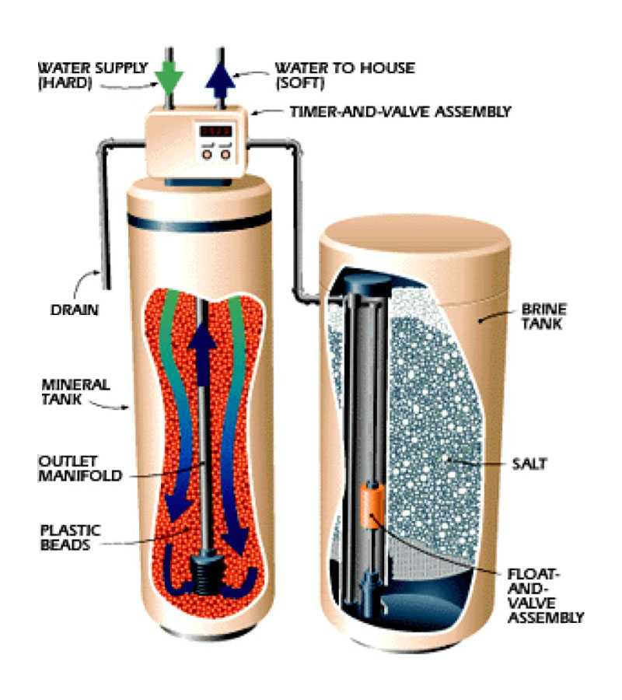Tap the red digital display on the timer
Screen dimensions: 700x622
[x=214, y=131]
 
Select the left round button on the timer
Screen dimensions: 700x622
[x=208, y=154]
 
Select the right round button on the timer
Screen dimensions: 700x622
[x=225, y=154]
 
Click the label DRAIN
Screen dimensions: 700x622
[x=63, y=310]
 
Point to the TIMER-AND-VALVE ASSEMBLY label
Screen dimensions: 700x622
[x=400, y=112]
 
